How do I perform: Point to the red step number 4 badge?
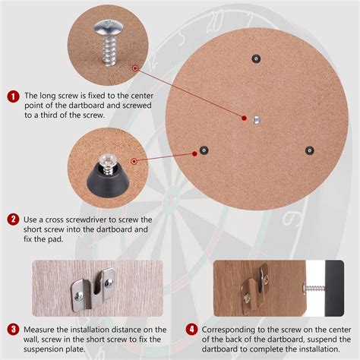coord(193,329)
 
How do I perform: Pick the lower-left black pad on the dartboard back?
coord(204,150)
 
